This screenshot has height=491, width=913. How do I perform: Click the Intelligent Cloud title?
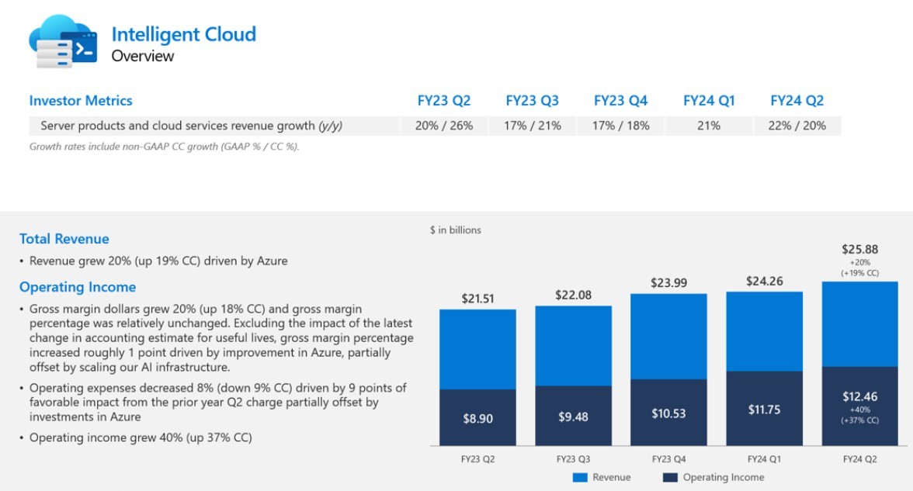[183, 34]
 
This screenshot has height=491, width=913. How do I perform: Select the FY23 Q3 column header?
[532, 101]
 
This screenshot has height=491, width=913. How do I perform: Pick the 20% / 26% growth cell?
[443, 126]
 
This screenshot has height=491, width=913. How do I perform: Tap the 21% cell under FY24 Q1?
[708, 126]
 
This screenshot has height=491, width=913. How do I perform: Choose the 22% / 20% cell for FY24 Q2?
[797, 126]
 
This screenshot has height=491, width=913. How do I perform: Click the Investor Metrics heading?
[81, 101]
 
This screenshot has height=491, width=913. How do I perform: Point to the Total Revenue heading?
[64, 239]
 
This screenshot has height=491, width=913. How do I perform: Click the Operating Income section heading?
[78, 287]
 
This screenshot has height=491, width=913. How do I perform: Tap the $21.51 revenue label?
[477, 299]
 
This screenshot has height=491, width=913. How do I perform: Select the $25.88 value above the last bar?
[859, 250]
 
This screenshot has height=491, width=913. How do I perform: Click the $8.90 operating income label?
[477, 418]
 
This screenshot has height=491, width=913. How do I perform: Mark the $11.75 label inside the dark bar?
[764, 410]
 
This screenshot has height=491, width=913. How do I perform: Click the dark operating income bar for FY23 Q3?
[573, 416]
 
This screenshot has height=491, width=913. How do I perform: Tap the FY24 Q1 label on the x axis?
[764, 458]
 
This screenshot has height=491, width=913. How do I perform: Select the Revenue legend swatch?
[580, 478]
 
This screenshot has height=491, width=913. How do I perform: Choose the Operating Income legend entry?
[714, 478]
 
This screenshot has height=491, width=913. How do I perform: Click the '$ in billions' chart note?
[456, 230]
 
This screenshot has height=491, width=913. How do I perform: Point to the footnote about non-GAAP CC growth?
[164, 147]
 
